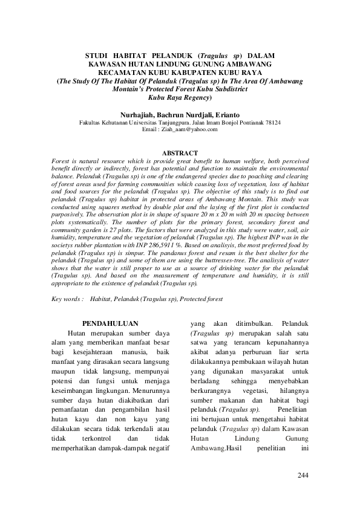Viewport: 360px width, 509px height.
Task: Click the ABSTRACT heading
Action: point(180,154)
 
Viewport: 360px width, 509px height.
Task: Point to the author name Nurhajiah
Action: point(138,114)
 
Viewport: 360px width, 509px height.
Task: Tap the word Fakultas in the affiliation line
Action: point(91,122)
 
